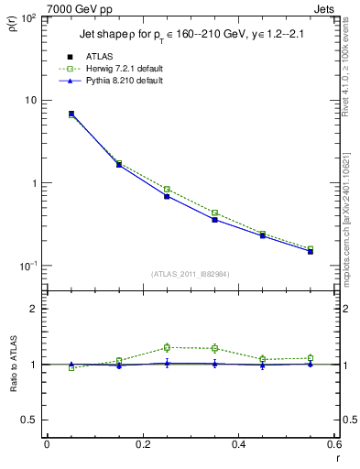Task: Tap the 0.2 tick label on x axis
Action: [x=142, y=446]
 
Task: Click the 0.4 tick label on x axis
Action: [x=238, y=446]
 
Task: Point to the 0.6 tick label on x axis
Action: [x=333, y=446]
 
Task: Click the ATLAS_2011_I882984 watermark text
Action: [x=191, y=274]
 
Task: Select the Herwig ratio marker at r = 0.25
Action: [x=167, y=347]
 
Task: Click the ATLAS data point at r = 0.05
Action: [x=71, y=114]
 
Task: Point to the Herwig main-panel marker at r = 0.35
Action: [x=214, y=213]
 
